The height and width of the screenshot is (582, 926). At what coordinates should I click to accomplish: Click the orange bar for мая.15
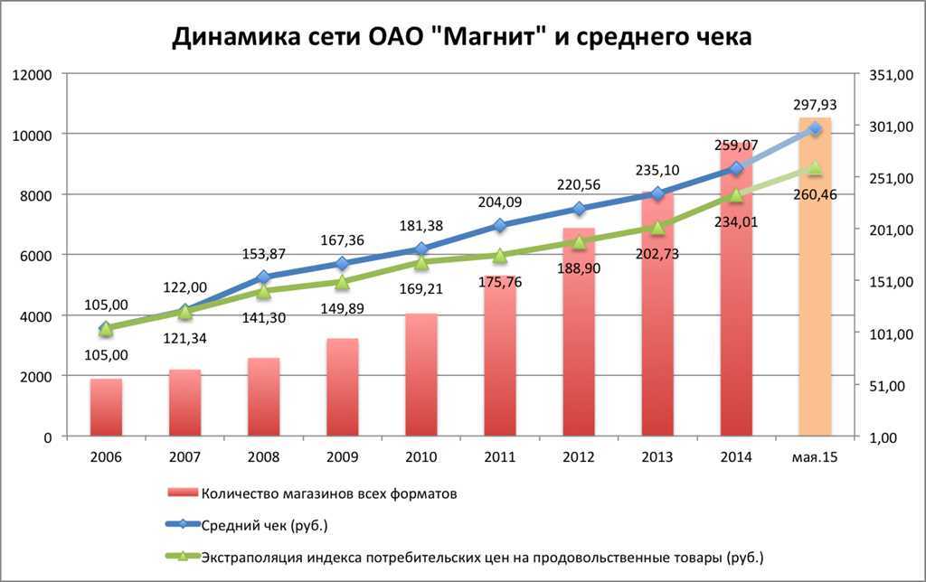[x=814, y=298]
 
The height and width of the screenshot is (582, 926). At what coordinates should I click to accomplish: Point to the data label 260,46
[x=813, y=192]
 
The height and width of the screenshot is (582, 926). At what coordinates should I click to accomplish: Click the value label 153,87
[x=263, y=254]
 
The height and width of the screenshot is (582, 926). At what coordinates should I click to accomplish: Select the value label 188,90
[x=578, y=268]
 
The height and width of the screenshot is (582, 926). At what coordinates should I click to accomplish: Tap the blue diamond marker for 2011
[x=500, y=224]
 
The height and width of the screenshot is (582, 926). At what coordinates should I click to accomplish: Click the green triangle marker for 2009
[x=342, y=283]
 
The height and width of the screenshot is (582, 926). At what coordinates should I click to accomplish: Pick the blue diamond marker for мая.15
[x=815, y=129]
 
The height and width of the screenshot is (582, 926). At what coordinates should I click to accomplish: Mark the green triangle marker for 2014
[x=736, y=195]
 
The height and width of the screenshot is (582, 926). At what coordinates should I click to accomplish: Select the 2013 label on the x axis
[x=657, y=457]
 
